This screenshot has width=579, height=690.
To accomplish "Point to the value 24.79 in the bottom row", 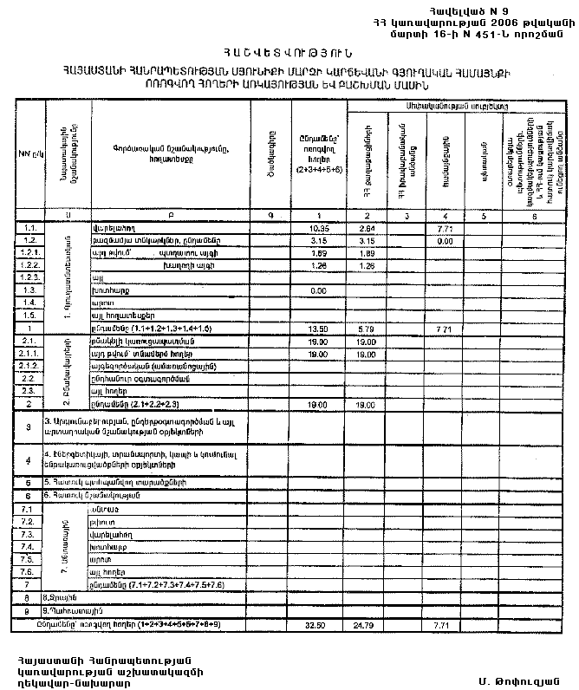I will pyautogui.click(x=367, y=624).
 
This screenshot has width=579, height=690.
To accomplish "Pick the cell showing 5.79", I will pyautogui.click(x=367, y=330).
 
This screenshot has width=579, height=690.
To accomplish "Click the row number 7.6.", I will pyautogui.click(x=29, y=572).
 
